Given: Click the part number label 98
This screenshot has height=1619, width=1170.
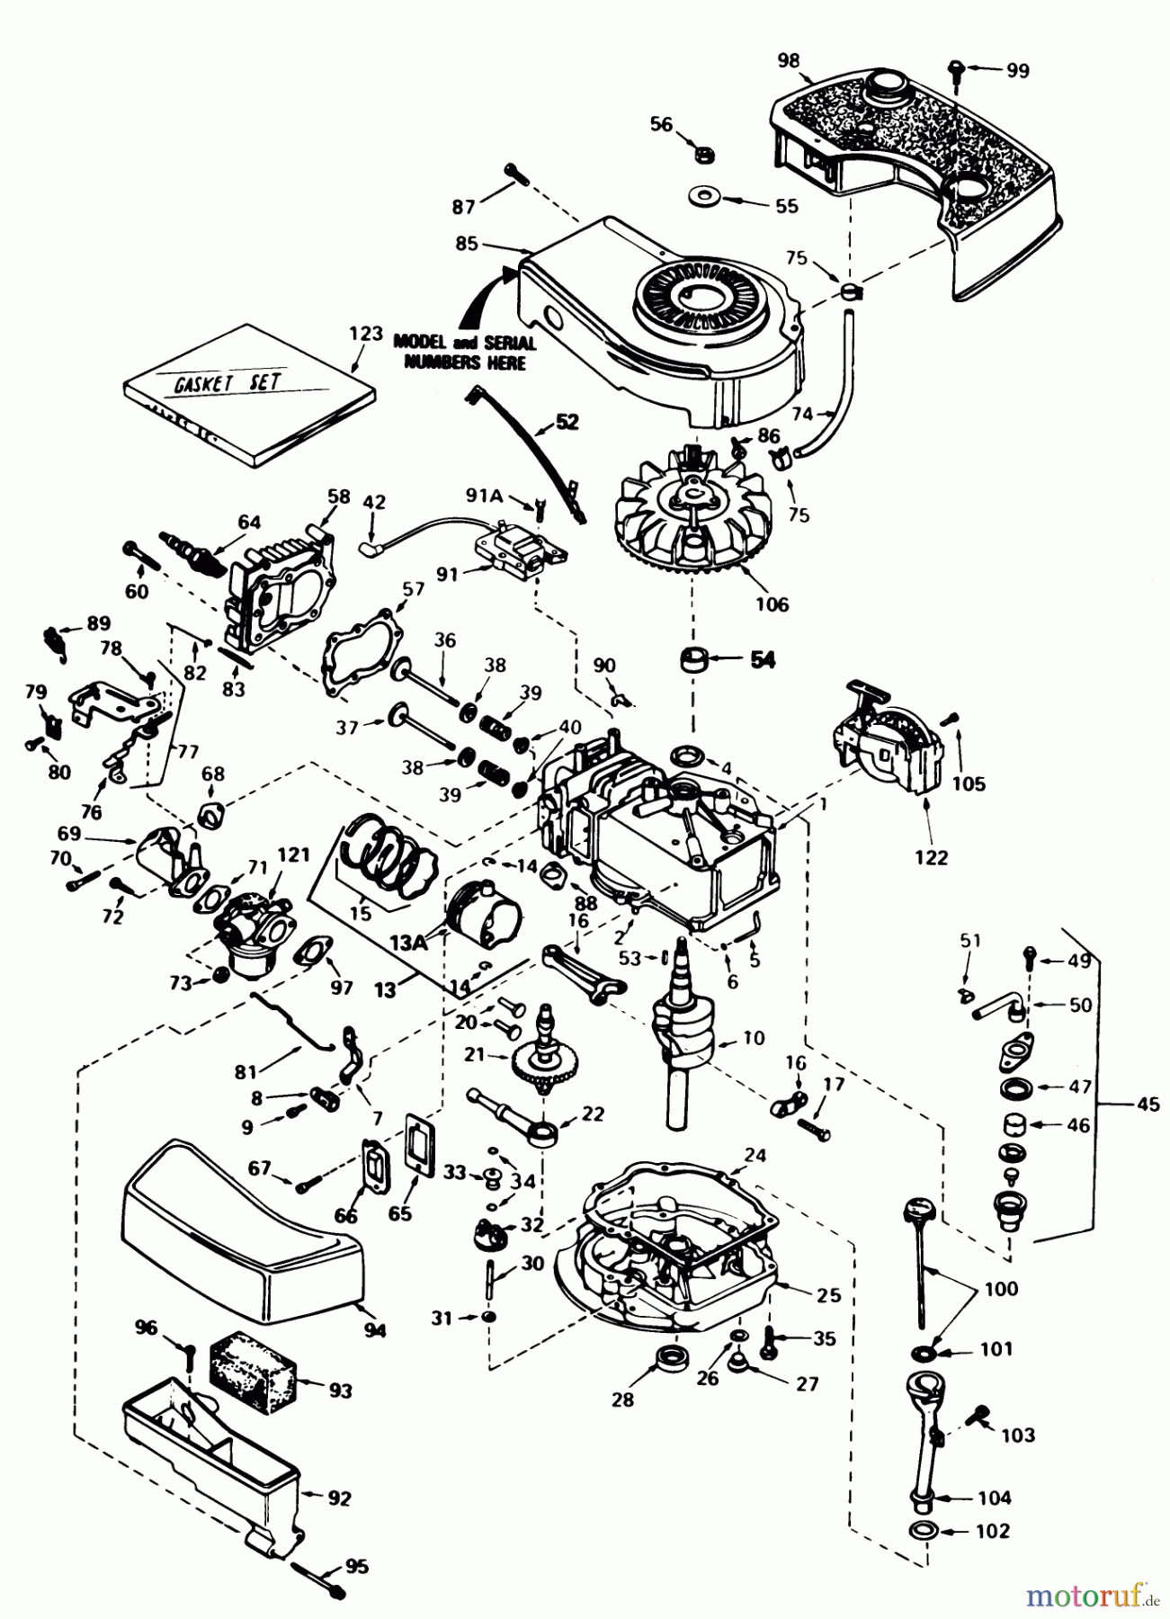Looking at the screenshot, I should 788,60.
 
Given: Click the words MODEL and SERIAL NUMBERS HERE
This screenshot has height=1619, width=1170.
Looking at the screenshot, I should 464,352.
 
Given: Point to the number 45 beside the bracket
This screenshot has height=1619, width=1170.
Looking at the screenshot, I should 1148,1103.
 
